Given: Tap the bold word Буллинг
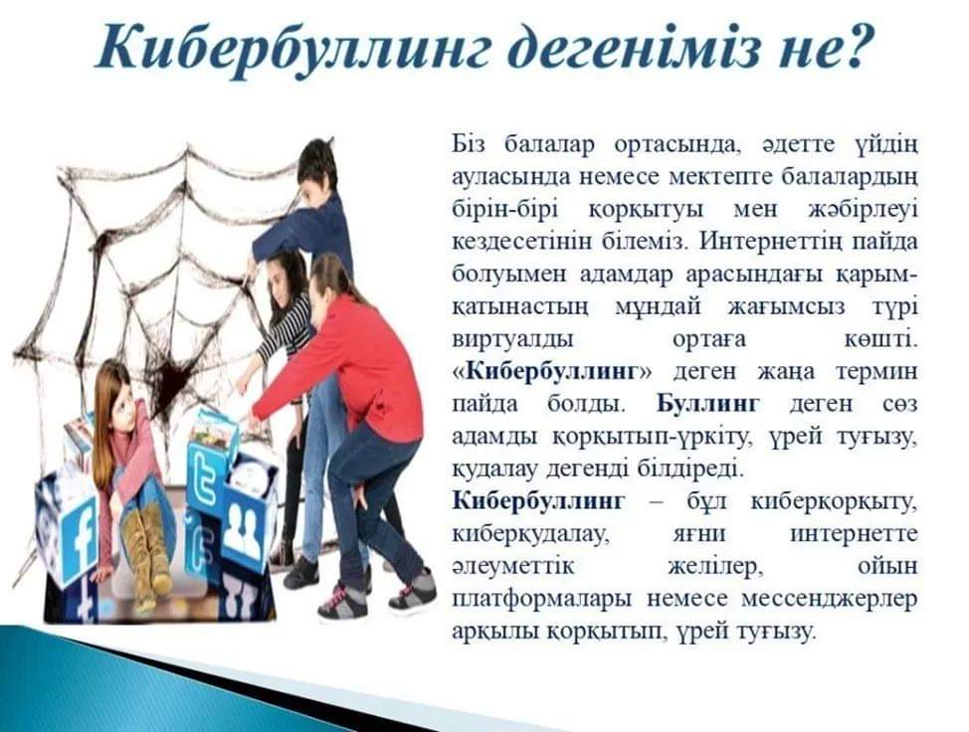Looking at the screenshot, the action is [x=707, y=404].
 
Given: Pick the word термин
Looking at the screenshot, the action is [x=876, y=372].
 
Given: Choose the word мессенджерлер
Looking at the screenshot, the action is [x=829, y=599].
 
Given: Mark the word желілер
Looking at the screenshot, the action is [x=714, y=567].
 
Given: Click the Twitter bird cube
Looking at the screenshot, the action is [x=208, y=475].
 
